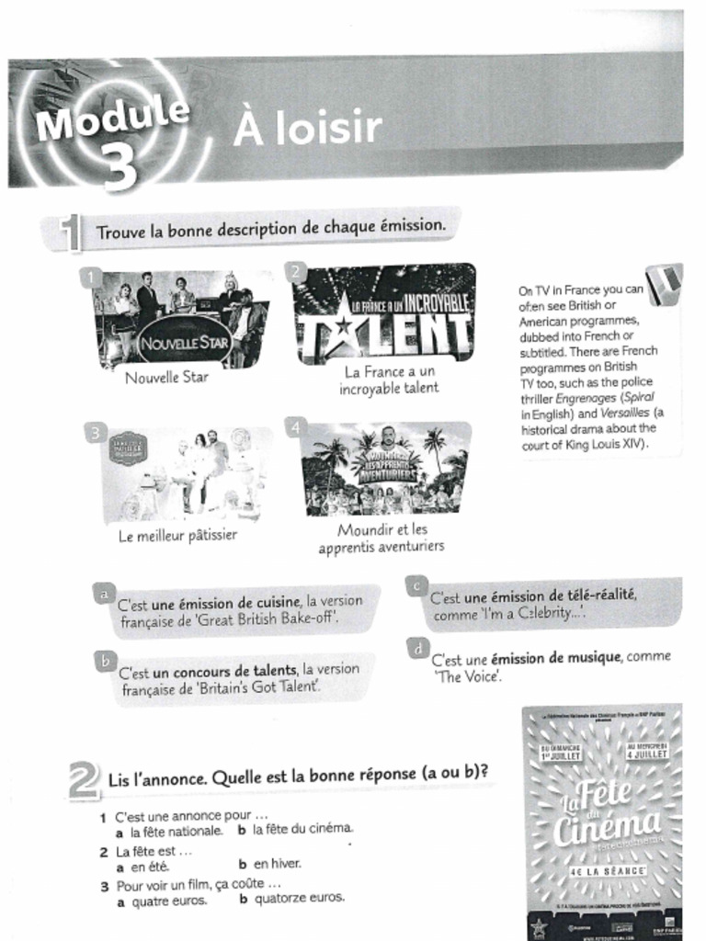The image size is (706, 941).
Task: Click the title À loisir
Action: pos(306,129)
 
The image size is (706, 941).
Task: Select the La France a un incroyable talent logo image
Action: pos(384,314)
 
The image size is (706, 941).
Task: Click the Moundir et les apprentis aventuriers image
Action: pos(386,469)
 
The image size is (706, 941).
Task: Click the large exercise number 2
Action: pos(83,780)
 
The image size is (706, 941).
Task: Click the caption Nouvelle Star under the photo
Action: pos(167,377)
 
